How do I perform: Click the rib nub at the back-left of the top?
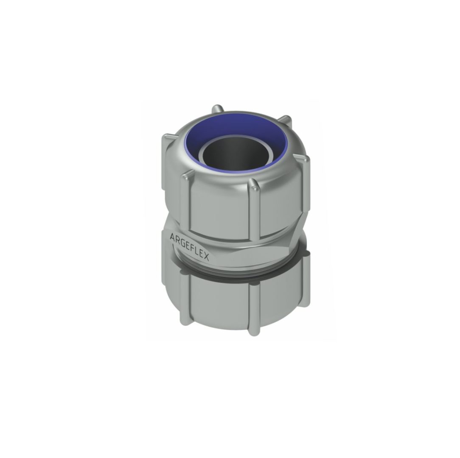(217, 109)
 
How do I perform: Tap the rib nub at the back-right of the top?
(286, 120)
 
